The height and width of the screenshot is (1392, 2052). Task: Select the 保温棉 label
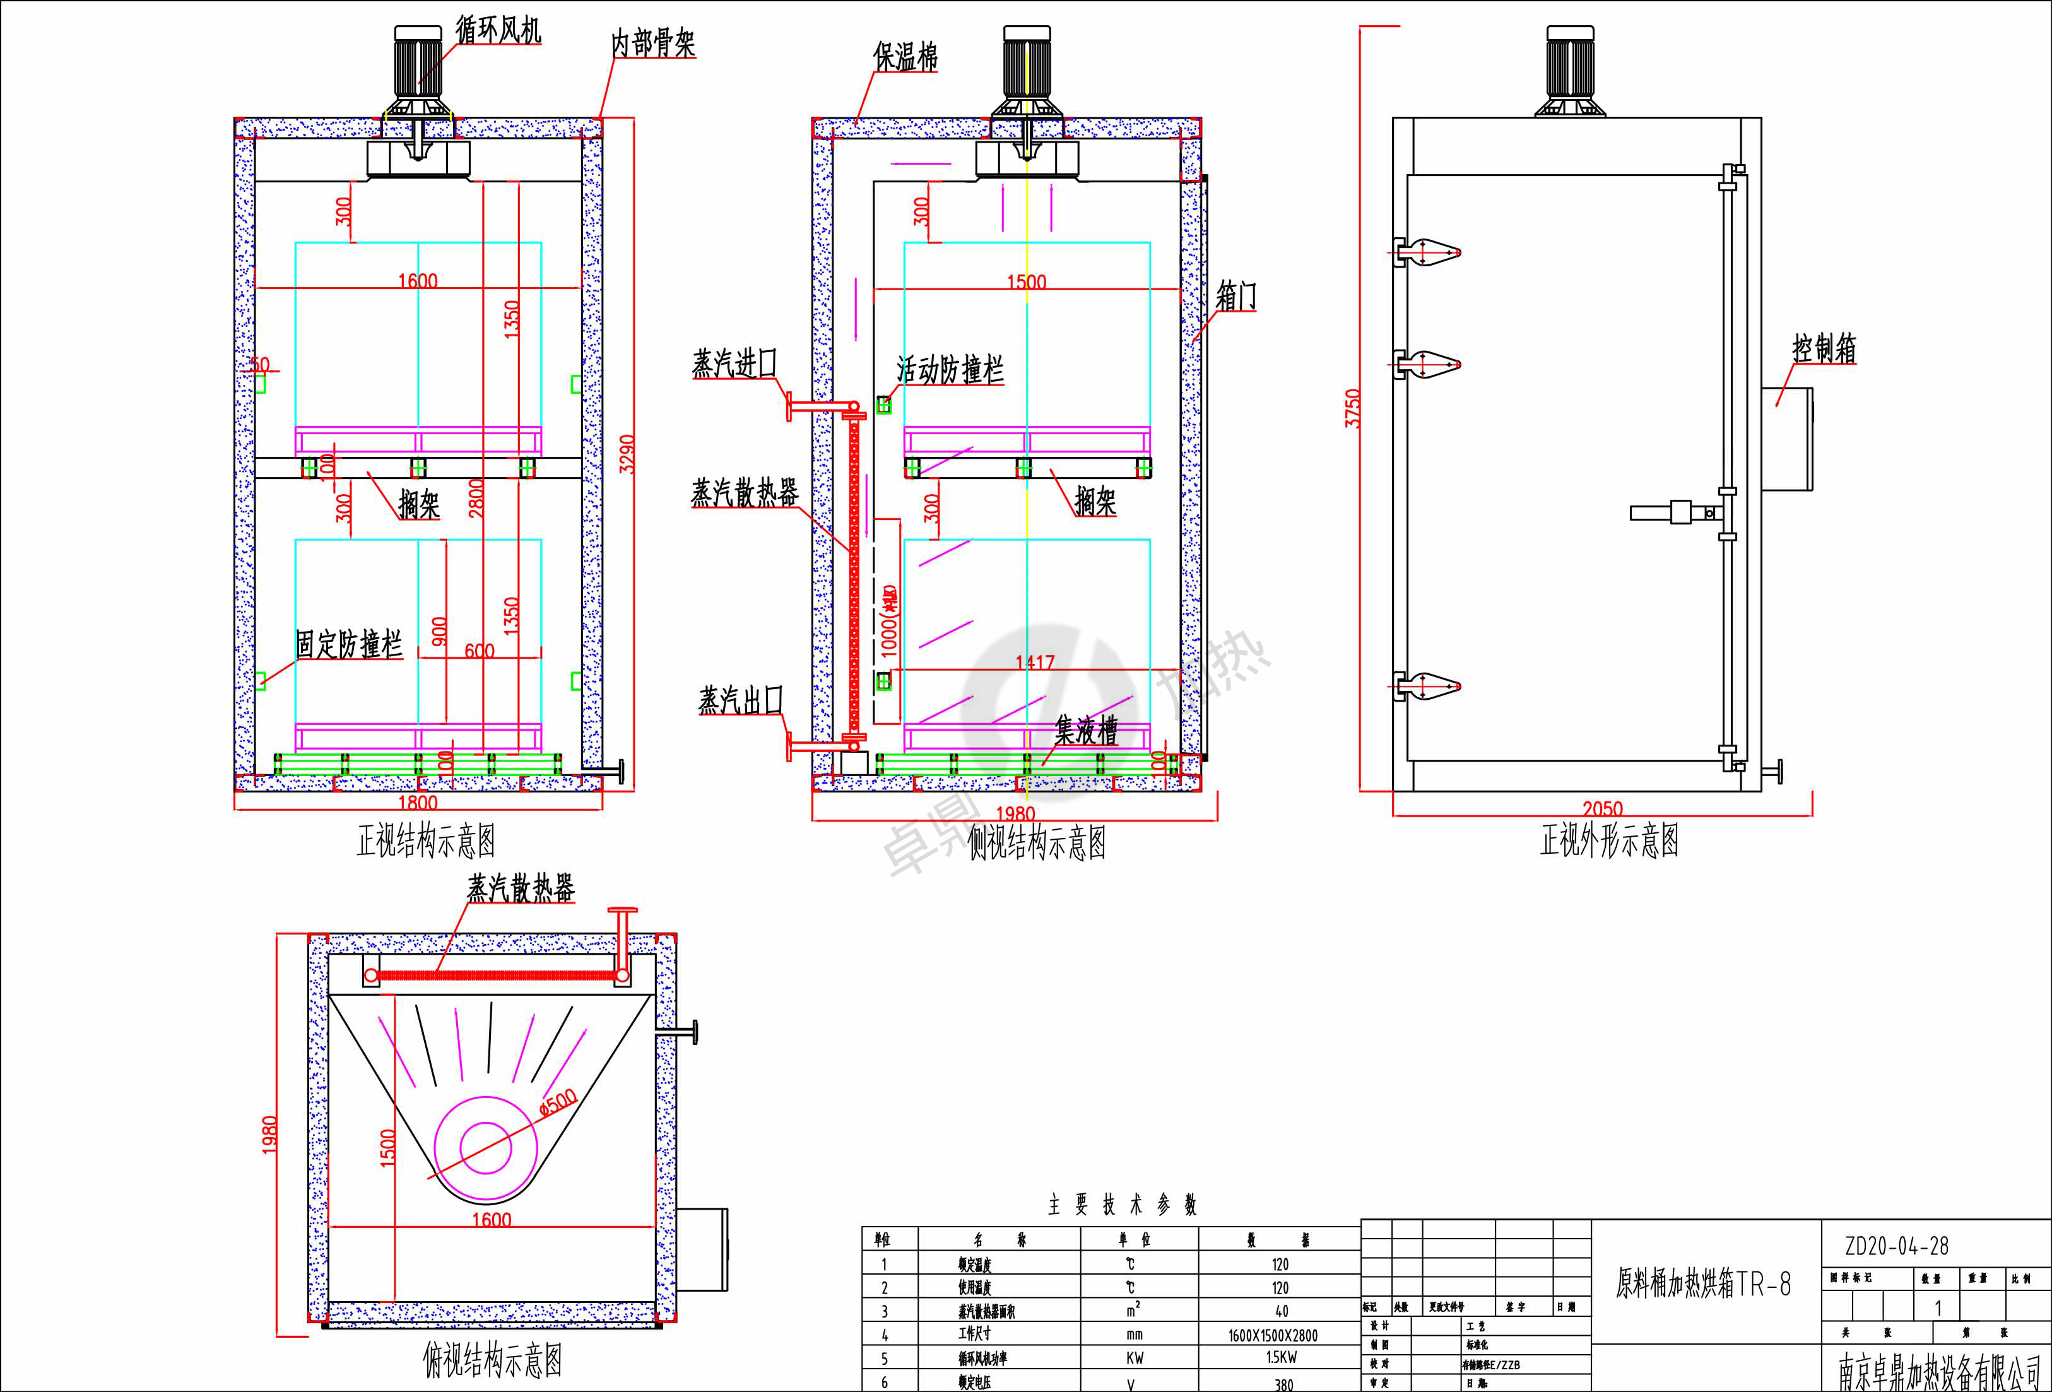click(x=904, y=57)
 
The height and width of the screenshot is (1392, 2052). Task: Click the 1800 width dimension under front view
click(x=418, y=802)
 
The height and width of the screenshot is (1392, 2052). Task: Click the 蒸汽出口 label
click(x=740, y=700)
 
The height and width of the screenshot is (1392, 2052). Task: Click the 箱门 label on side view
click(x=1235, y=296)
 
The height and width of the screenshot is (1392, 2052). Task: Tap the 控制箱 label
click(x=1824, y=348)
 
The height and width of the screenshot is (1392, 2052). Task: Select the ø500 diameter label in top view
click(x=558, y=1102)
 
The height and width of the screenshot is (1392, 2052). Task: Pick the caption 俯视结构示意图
click(x=492, y=1360)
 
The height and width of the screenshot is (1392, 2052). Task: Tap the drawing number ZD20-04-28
click(x=1896, y=1246)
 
